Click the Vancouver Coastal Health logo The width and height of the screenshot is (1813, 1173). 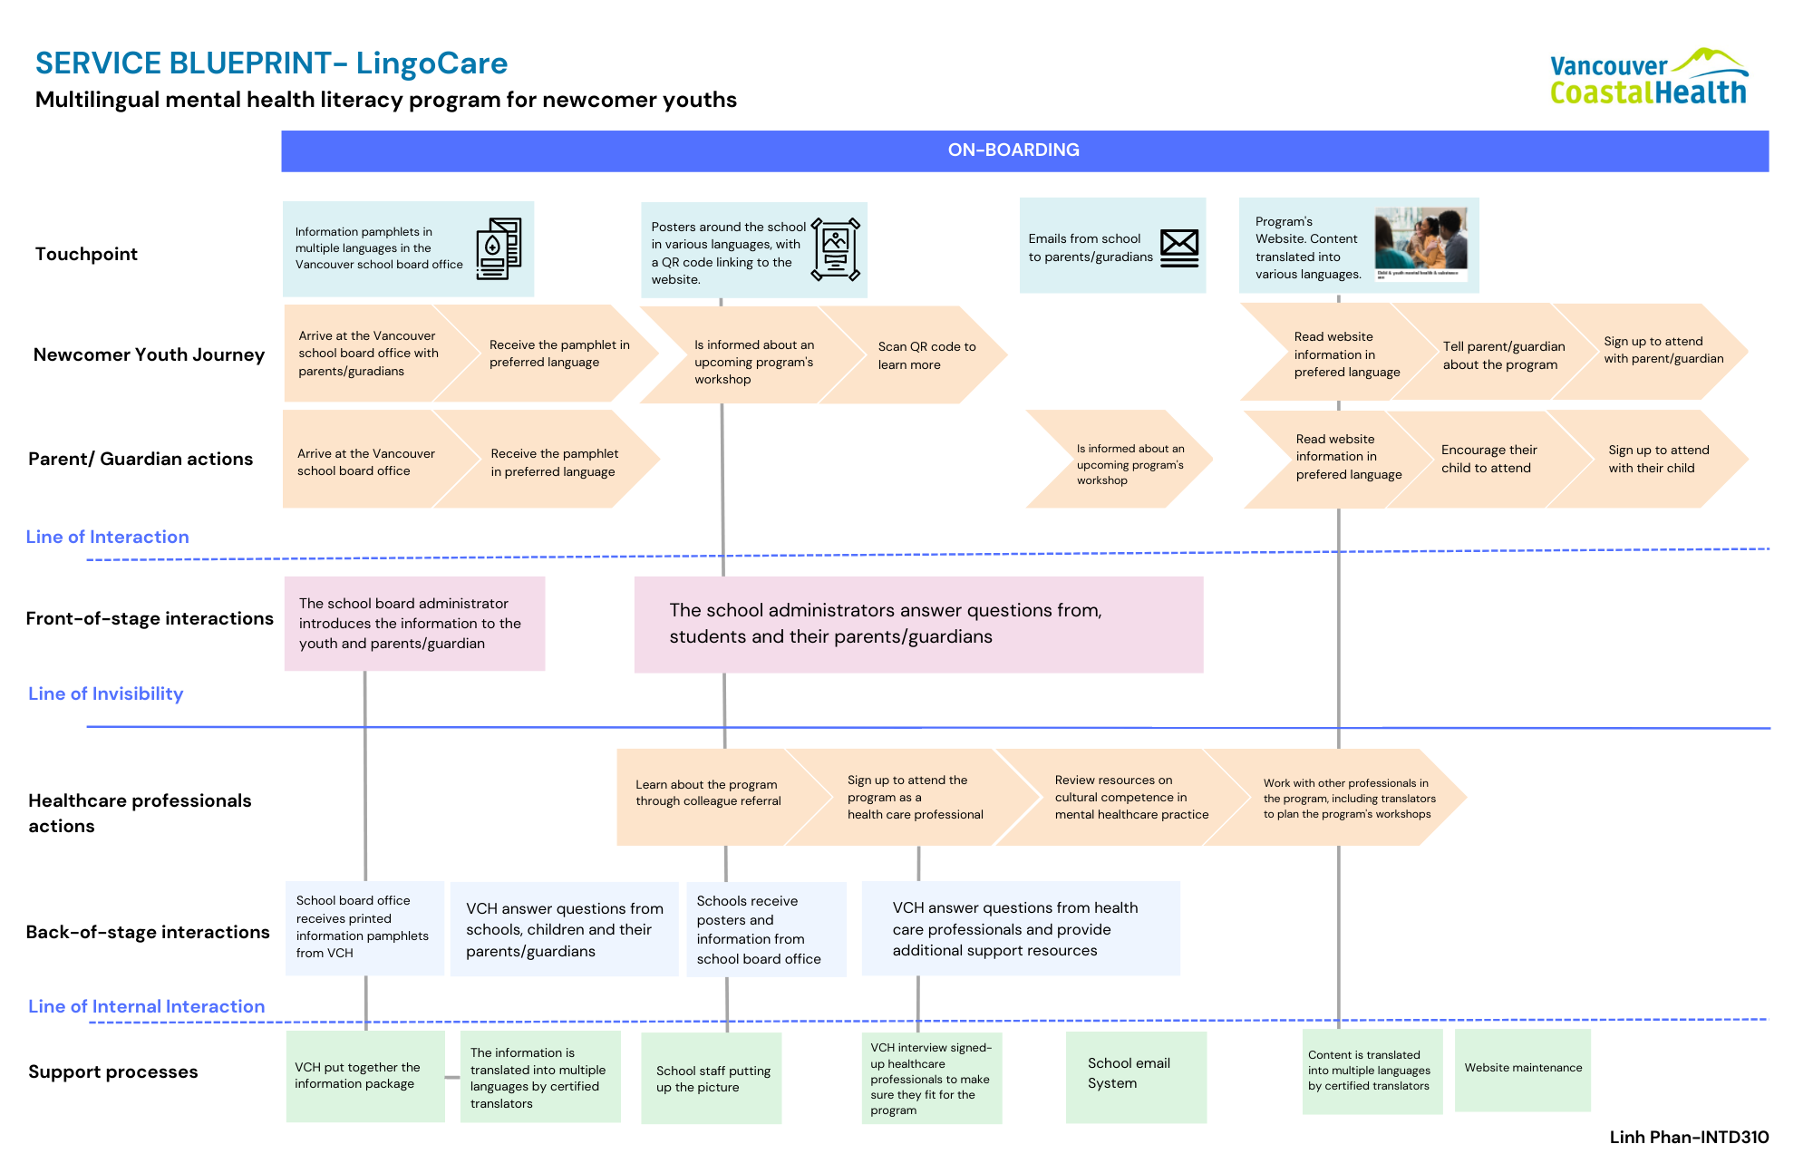1649,77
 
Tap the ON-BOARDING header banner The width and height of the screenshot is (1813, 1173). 1024,150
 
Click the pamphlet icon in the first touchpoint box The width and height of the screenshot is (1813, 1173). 499,248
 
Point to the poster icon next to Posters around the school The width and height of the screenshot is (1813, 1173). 835,249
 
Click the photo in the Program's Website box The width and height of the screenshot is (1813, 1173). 1420,244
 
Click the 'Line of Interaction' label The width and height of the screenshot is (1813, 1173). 107,537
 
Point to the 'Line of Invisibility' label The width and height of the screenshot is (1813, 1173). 105,693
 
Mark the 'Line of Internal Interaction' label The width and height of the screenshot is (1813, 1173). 146,1006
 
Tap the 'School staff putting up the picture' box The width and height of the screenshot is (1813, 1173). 711,1078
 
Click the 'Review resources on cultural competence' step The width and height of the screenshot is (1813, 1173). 1124,797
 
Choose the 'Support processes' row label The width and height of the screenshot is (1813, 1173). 112,1071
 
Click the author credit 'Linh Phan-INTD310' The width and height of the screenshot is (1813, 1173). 1689,1137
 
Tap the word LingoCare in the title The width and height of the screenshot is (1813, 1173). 431,63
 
